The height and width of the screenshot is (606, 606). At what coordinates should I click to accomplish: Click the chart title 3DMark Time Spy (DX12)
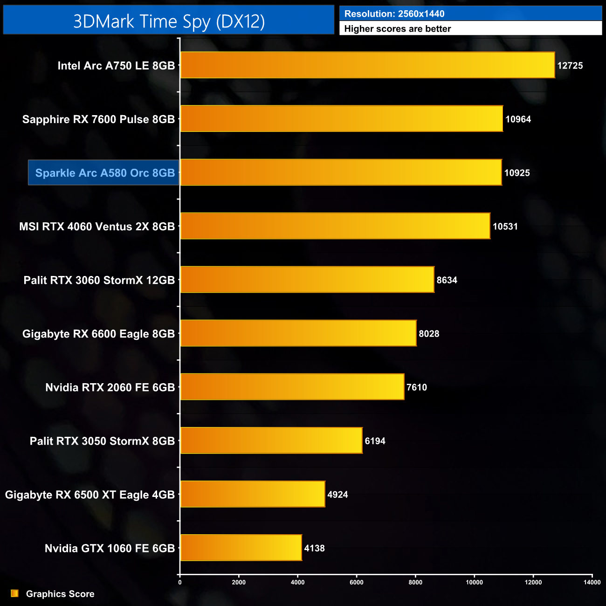(x=169, y=21)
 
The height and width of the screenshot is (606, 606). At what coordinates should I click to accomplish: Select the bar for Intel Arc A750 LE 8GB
(x=367, y=65)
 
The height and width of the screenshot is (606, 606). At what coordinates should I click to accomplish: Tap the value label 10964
(x=518, y=119)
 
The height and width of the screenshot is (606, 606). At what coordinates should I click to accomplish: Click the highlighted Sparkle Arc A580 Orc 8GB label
(x=104, y=173)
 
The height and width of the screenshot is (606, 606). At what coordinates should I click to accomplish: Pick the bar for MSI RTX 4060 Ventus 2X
(x=335, y=226)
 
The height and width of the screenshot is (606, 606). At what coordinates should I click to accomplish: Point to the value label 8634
(x=447, y=280)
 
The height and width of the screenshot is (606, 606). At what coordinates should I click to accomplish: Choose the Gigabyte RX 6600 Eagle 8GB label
(x=98, y=334)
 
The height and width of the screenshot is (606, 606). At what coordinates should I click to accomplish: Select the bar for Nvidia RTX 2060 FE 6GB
(x=292, y=387)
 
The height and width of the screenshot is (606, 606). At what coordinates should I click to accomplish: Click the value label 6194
(x=375, y=441)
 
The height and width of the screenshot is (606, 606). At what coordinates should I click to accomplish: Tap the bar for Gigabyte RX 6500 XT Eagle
(x=253, y=494)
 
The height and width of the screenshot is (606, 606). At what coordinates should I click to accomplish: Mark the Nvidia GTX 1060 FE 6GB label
(x=110, y=548)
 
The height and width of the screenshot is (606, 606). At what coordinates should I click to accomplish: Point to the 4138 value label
(x=314, y=548)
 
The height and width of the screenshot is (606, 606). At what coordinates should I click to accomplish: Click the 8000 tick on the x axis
(x=415, y=582)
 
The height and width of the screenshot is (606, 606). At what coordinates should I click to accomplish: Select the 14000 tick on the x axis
(x=592, y=582)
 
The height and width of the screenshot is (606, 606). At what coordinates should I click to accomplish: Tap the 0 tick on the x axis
(x=180, y=582)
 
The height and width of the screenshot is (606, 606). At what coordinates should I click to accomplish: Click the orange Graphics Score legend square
(x=15, y=593)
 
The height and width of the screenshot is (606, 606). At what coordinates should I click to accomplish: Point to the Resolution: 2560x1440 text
(x=394, y=14)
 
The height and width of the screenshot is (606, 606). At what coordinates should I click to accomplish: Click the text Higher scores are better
(x=397, y=29)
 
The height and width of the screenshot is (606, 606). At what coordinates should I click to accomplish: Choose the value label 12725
(x=570, y=66)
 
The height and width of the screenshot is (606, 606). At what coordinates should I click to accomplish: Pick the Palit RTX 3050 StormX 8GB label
(x=102, y=441)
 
